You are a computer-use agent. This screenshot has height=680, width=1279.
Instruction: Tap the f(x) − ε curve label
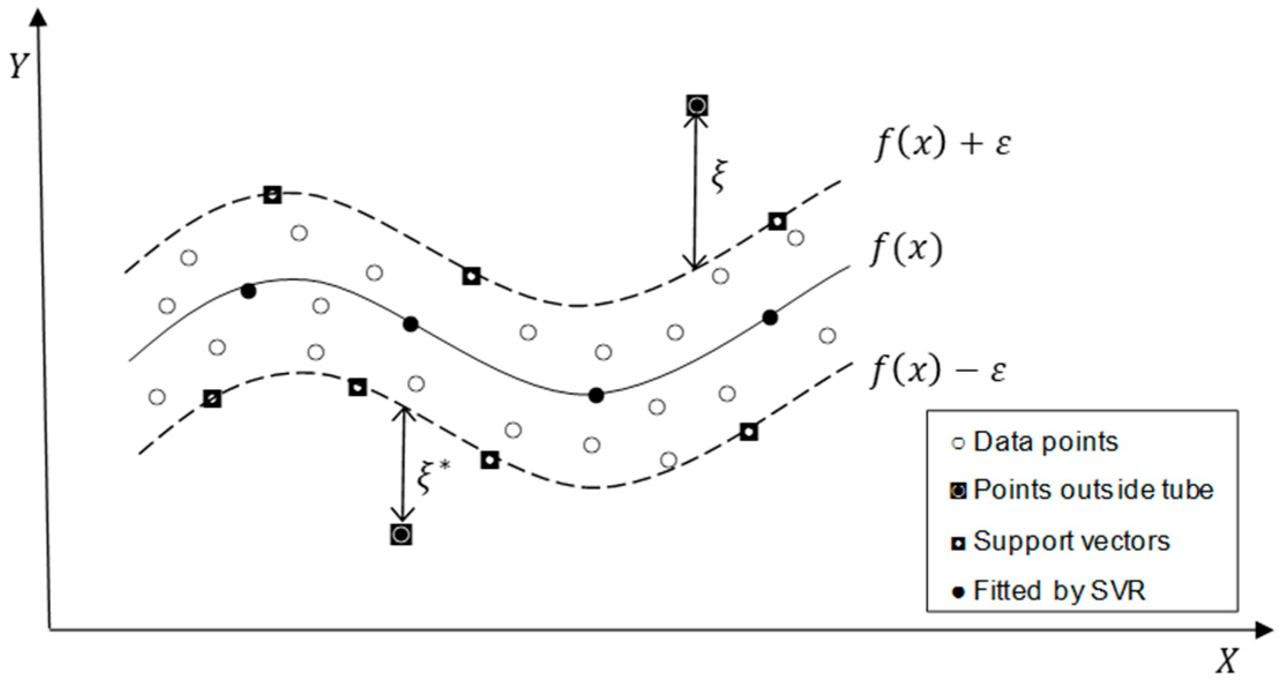click(938, 369)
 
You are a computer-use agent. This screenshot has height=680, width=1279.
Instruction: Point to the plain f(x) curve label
click(906, 249)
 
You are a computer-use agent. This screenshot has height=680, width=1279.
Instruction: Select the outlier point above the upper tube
click(697, 106)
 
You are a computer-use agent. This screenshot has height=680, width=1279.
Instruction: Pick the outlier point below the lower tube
click(401, 535)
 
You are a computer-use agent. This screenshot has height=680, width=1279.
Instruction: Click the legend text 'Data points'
click(1045, 442)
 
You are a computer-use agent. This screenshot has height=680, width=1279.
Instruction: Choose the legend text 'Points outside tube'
click(1093, 490)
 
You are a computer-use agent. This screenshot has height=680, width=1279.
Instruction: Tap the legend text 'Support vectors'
click(1071, 541)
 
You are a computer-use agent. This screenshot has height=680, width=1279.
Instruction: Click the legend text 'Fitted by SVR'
click(1059, 591)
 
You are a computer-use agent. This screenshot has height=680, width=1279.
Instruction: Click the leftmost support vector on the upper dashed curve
click(272, 195)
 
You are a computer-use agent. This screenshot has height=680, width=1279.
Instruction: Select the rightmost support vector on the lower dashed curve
click(749, 431)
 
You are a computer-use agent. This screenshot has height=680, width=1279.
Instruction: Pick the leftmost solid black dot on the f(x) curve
click(248, 292)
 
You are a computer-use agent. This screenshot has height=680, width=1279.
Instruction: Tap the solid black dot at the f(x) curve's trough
click(597, 395)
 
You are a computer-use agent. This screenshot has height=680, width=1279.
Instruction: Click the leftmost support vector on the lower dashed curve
click(212, 398)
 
